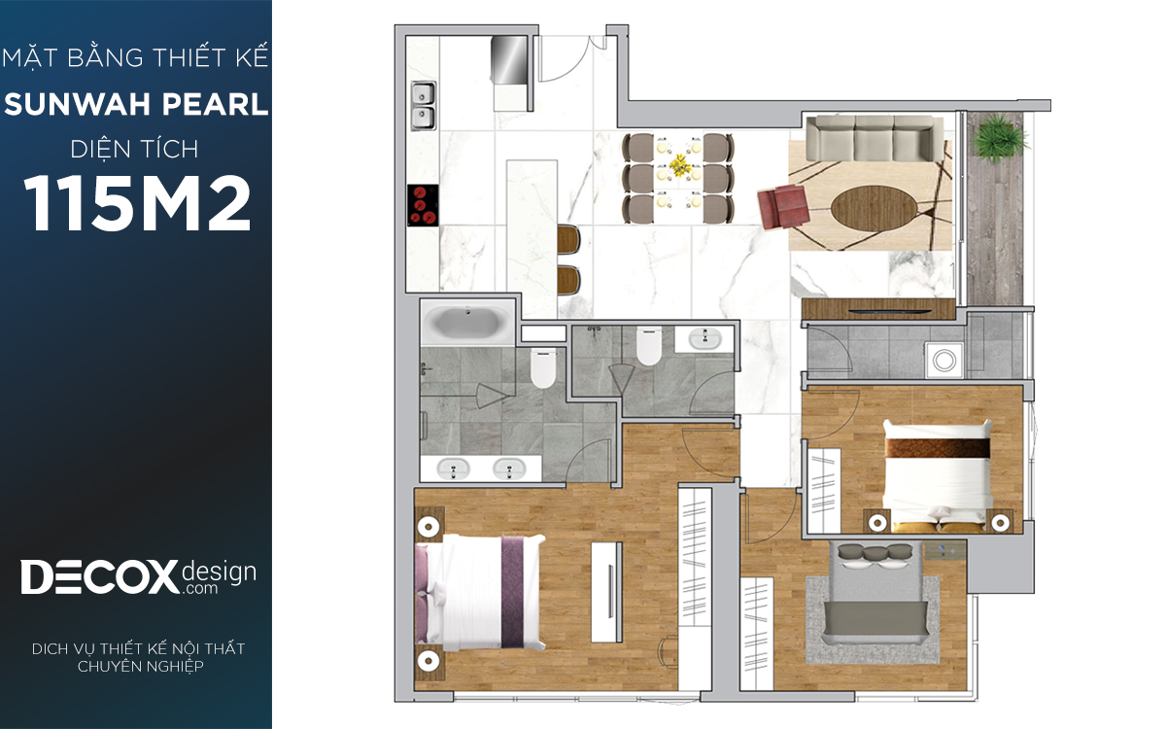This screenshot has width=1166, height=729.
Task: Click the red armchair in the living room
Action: pos(783,206)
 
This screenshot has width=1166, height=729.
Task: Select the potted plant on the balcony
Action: pos(1000,137)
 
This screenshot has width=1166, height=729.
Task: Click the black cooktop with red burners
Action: pos(423,206)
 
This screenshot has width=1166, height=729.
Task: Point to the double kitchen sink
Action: pos(424,106)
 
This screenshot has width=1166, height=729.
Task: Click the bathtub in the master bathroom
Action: pos(467,323)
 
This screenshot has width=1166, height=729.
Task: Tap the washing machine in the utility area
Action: pos(944,361)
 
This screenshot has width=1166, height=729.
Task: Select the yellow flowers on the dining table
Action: pos(679,165)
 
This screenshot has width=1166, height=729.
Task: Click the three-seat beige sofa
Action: pos(874,138)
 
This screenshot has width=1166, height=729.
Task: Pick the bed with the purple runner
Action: pos(480,593)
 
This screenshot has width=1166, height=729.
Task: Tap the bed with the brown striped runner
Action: pos(938,476)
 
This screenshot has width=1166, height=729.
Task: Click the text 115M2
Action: pos(137,203)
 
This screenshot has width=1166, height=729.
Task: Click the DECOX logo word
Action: pos(99,577)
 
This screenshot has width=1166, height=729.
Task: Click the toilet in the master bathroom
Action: pos(543,368)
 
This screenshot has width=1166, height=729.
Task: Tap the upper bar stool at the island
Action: pos(568,239)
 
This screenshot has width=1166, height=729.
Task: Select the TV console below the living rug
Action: pos(878,309)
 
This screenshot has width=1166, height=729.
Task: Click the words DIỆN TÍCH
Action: pos(135,150)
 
